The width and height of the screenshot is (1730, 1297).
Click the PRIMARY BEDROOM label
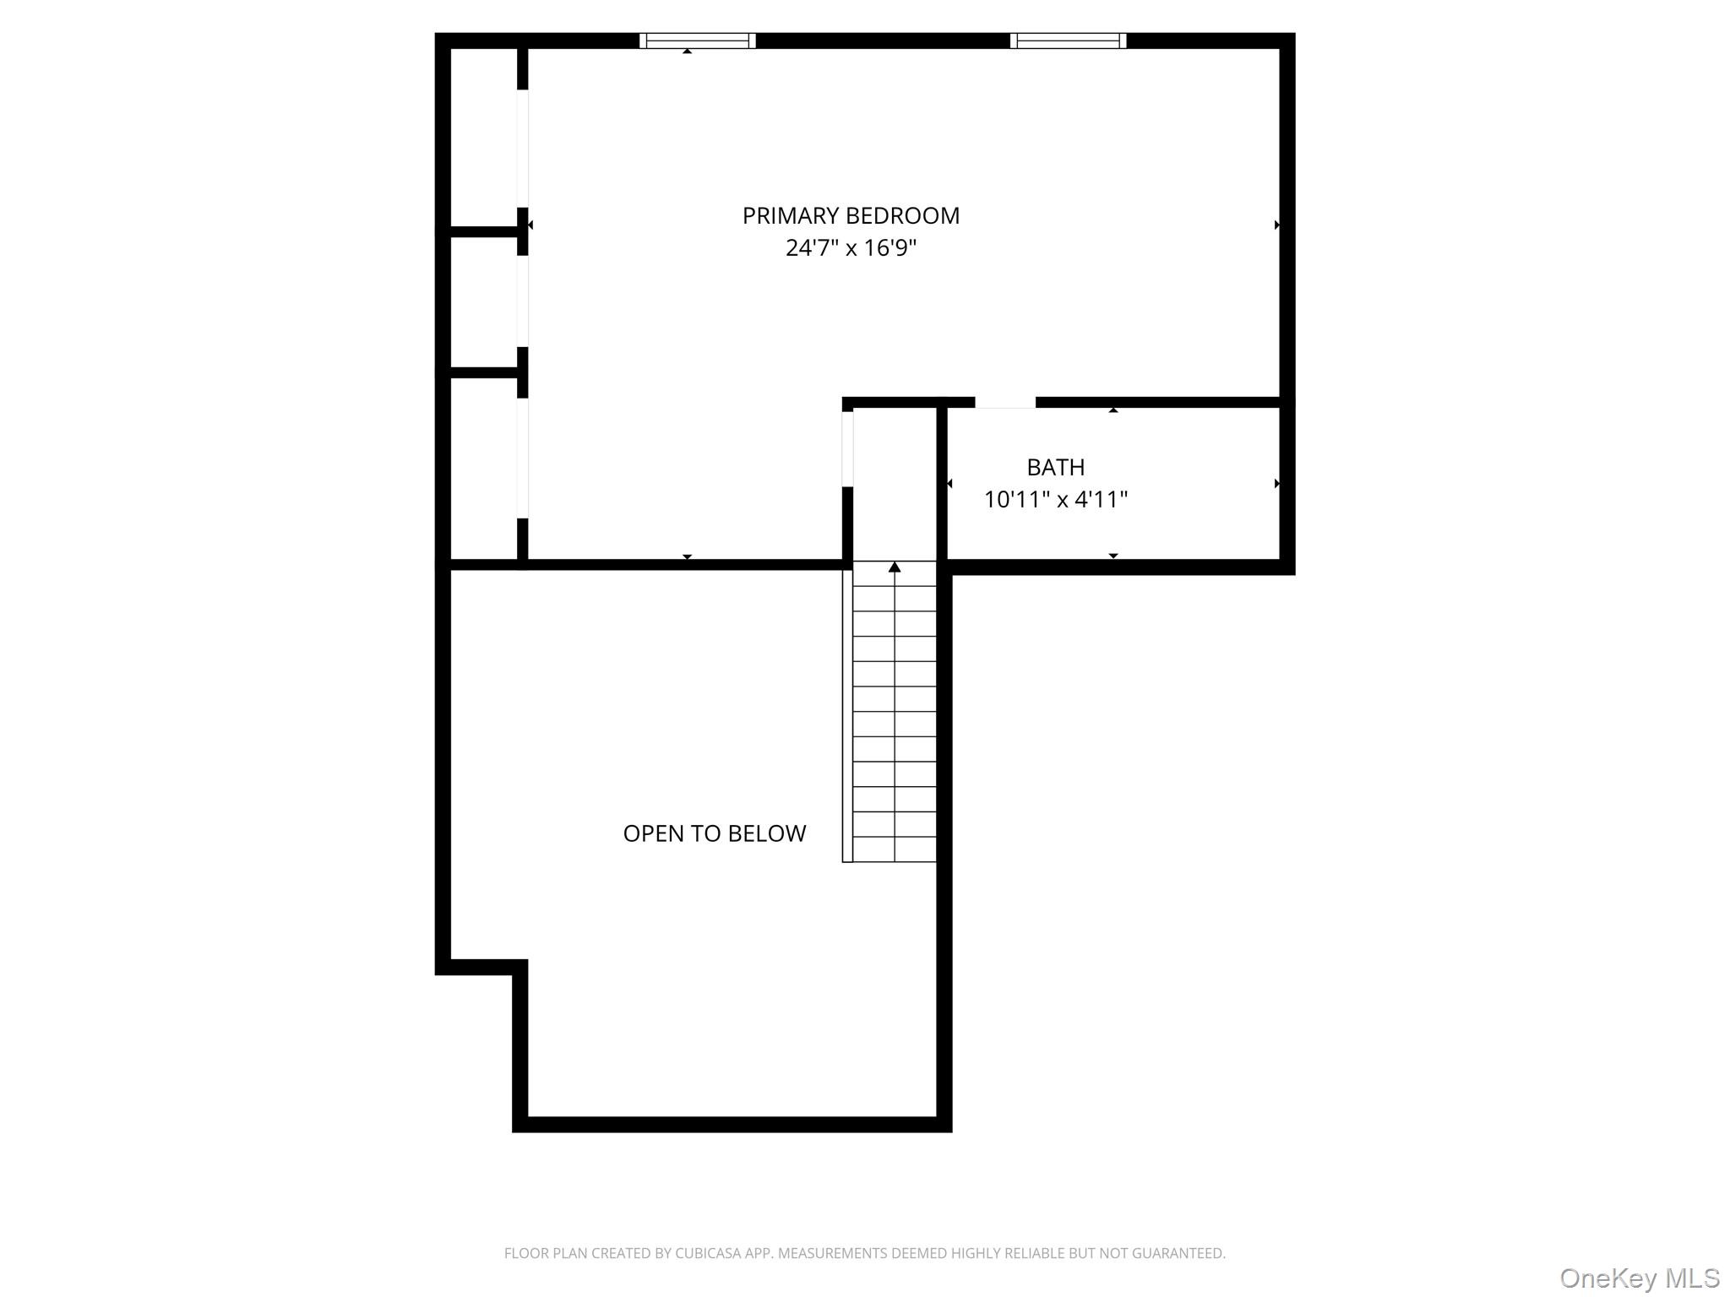(851, 216)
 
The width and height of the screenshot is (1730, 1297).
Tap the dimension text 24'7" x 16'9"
(851, 248)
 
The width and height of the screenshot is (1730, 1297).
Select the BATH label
(1055, 467)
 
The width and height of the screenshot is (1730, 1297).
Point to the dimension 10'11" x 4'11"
(1055, 500)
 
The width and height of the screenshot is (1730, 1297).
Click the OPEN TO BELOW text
(714, 833)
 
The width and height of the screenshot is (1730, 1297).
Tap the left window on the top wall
(697, 41)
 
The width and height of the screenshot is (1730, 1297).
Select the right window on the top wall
(1068, 41)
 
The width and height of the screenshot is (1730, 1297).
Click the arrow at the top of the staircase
(895, 567)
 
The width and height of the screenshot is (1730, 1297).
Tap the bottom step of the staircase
(895, 849)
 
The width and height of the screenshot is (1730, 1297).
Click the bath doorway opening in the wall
(1005, 404)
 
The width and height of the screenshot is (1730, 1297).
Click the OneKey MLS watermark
(1639, 1278)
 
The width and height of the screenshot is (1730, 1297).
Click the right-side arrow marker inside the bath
(1276, 484)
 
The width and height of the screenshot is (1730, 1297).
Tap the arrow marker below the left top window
(688, 52)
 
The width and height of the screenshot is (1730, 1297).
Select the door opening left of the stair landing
(847, 448)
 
